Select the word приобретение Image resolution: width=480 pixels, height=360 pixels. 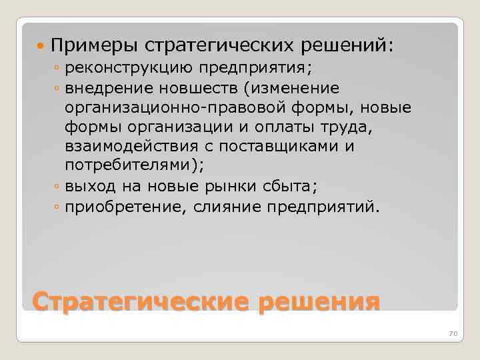[116, 207]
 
